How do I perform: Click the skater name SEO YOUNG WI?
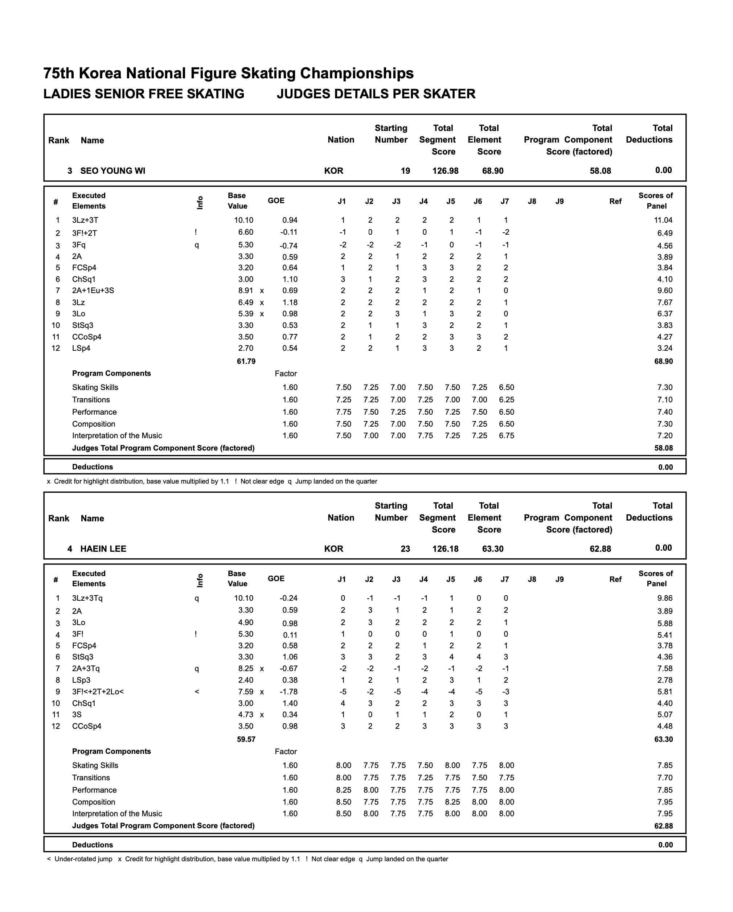click(112, 171)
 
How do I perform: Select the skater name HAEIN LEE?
click(103, 549)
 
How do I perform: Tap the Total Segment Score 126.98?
click(445, 171)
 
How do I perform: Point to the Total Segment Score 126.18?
click(445, 549)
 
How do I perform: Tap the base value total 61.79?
click(246, 361)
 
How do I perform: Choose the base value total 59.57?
click(246, 739)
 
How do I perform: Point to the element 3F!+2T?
click(85, 233)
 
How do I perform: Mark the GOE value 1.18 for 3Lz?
click(290, 303)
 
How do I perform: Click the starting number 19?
click(405, 171)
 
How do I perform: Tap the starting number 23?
click(405, 549)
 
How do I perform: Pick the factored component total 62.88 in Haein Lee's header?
click(600, 549)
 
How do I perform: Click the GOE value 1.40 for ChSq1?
click(290, 703)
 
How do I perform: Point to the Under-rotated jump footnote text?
click(83, 859)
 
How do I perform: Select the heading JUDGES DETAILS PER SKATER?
click(376, 94)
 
